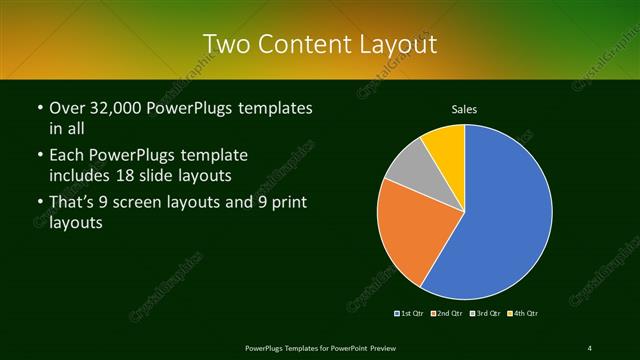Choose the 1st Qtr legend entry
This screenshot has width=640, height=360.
[x=410, y=314]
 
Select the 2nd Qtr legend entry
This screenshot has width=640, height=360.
[x=446, y=314]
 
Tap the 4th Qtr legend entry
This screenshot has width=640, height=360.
[x=522, y=314]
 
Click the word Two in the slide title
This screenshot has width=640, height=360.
[x=225, y=44]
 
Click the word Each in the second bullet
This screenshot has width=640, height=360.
[x=67, y=155]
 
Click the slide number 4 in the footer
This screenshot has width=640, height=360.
[x=589, y=347]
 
